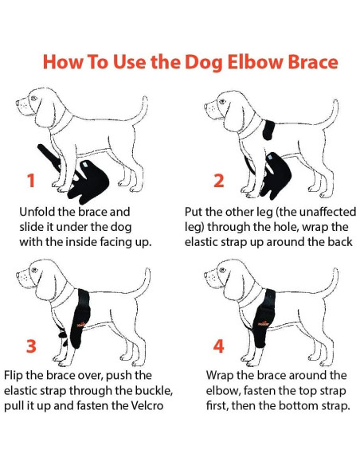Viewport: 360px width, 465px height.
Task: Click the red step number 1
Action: click(x=31, y=180)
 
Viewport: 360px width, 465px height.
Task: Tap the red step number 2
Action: click(x=219, y=180)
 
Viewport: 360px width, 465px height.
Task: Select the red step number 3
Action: click(x=31, y=346)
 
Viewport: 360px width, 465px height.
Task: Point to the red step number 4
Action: click(x=218, y=346)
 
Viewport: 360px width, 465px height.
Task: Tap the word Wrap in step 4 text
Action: click(x=219, y=375)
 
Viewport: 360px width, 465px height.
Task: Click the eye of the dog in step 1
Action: click(x=33, y=98)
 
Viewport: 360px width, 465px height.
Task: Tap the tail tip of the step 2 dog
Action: click(x=335, y=102)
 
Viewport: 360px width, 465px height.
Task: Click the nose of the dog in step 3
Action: click(x=18, y=275)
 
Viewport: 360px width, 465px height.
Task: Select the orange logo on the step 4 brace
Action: click(x=264, y=323)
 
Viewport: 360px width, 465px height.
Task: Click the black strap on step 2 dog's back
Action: click(x=268, y=130)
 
